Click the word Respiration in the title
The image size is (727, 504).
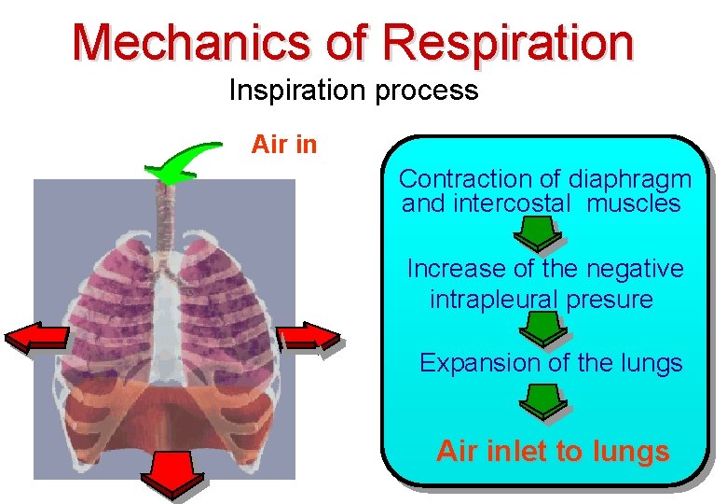tap(508, 43)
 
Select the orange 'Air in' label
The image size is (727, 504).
tap(284, 145)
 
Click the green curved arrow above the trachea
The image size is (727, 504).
tap(185, 162)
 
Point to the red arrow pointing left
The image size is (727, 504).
tap(36, 338)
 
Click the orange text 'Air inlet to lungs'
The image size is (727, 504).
tap(553, 452)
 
